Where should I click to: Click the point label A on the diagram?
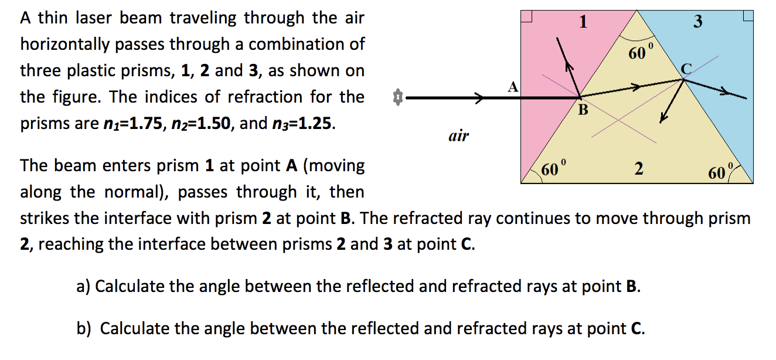pos(513,87)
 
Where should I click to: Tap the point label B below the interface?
pos(583,110)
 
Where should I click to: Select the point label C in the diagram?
pos(686,69)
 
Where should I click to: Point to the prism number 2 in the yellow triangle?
pos(639,169)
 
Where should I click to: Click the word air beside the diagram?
pos(458,137)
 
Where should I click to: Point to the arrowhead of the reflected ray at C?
pos(664,118)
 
